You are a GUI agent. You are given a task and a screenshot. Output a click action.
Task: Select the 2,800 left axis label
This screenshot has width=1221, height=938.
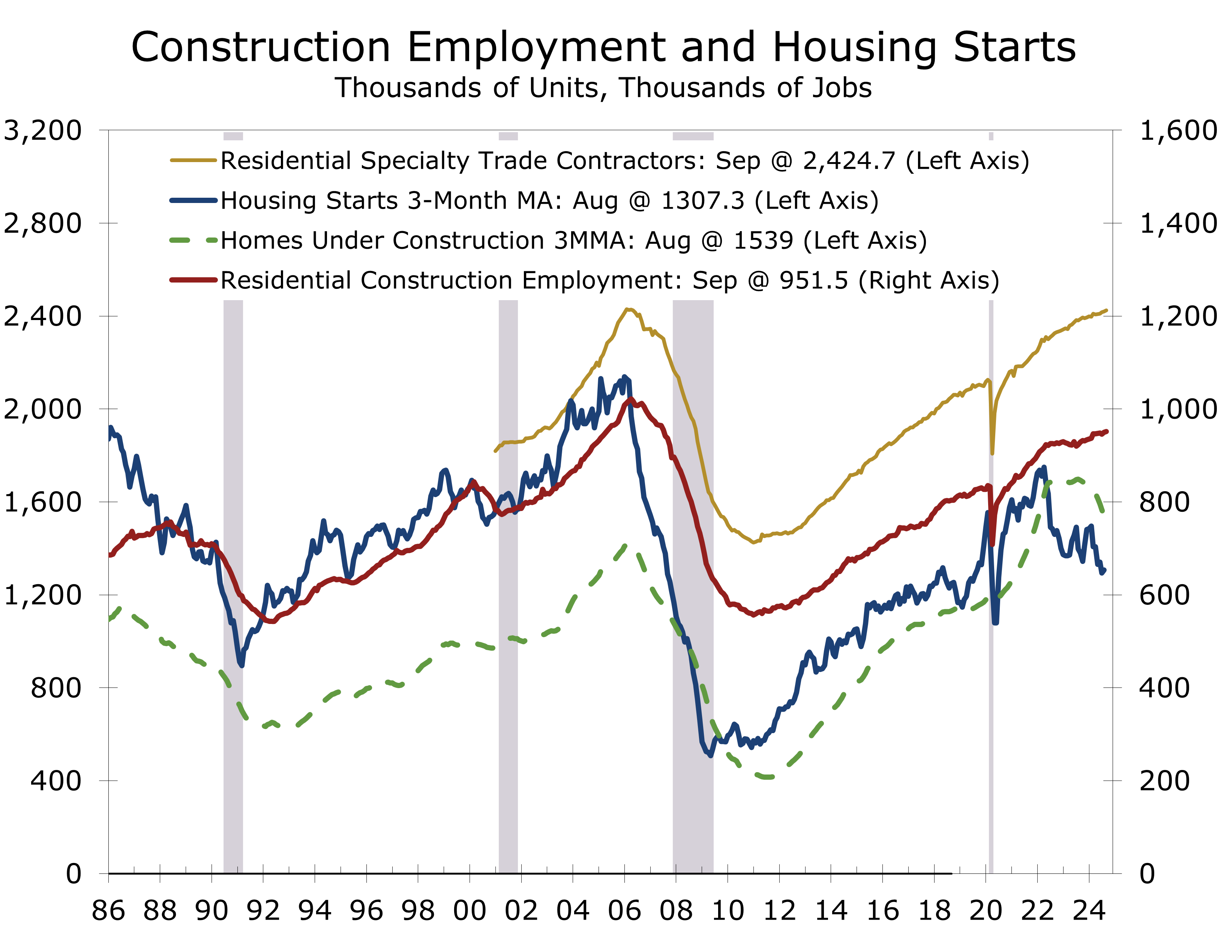click(x=42, y=223)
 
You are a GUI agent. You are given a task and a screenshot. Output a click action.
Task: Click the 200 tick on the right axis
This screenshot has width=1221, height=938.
click(x=1164, y=780)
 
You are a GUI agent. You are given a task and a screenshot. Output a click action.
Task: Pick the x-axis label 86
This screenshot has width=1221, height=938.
click(x=108, y=911)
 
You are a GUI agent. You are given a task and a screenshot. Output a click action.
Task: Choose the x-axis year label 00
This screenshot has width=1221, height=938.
click(x=469, y=911)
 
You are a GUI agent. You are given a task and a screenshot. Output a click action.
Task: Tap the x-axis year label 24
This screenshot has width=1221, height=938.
click(x=1089, y=911)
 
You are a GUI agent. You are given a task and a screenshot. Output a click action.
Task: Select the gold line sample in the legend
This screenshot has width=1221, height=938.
click(x=193, y=160)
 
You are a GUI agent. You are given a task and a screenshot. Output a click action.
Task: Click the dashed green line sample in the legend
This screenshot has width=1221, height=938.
click(x=193, y=241)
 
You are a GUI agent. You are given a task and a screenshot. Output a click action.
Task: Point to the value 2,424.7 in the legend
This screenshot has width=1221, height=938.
click(x=849, y=161)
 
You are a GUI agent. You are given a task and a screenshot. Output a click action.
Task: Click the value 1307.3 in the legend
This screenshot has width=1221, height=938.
click(x=703, y=200)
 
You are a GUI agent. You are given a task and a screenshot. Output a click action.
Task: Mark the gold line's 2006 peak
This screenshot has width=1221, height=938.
click(x=627, y=309)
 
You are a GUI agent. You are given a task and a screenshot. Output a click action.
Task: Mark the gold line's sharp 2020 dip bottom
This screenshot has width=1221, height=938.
click(x=992, y=453)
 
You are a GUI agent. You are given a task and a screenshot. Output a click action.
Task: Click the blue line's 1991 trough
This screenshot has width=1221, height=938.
click(x=241, y=665)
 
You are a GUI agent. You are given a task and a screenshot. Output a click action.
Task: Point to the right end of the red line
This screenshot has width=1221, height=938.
click(x=1107, y=431)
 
